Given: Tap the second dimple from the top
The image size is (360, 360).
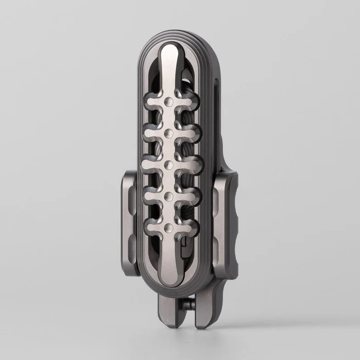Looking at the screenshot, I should tap(170, 134).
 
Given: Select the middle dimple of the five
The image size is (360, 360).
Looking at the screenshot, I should tap(169, 165).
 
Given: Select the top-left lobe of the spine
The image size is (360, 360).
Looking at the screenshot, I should tap(151, 101).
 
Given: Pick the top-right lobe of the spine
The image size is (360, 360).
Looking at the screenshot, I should tap(189, 101).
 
